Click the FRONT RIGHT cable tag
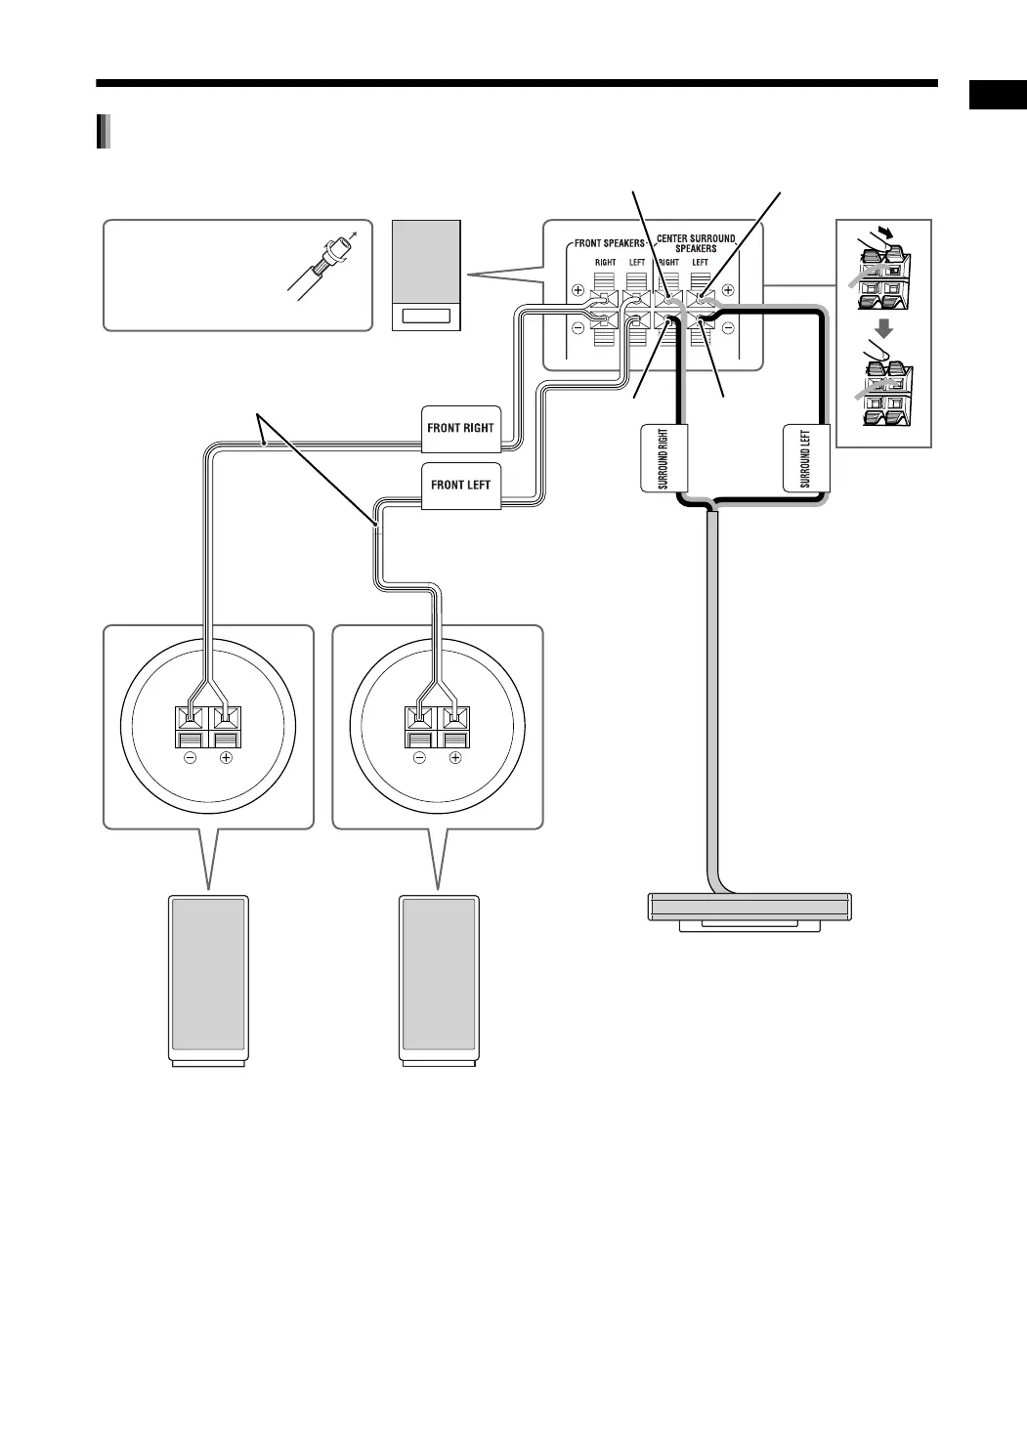point(460,428)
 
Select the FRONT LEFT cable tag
point(460,486)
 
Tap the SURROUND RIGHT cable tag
point(663,458)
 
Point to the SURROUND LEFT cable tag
point(806,458)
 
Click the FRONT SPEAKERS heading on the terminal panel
point(608,243)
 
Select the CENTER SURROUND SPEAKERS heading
point(696,243)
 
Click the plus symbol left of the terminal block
point(578,290)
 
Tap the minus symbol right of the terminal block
point(728,328)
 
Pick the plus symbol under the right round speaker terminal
point(454,758)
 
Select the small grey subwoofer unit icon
point(426,275)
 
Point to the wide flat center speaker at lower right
point(749,908)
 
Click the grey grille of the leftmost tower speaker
point(208,973)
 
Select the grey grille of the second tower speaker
point(439,973)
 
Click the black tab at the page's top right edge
point(998,96)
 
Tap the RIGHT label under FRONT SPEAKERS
point(605,263)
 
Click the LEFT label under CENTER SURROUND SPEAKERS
point(700,263)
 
